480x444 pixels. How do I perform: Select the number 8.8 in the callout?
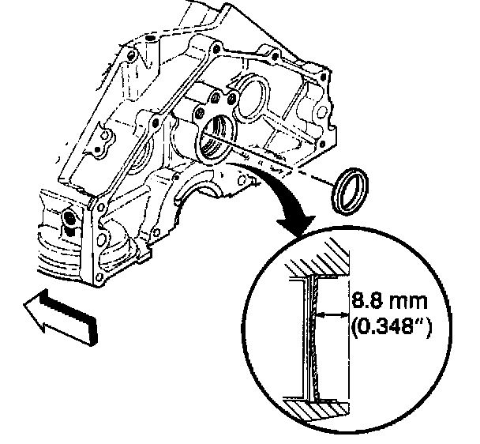point(366,300)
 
